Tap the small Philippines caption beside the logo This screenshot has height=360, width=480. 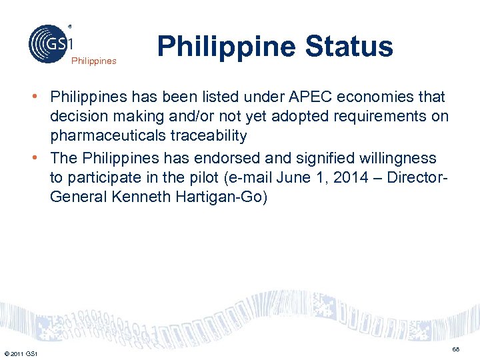point(93,61)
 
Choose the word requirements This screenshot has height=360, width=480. point(355,117)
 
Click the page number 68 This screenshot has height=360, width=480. point(456,349)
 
